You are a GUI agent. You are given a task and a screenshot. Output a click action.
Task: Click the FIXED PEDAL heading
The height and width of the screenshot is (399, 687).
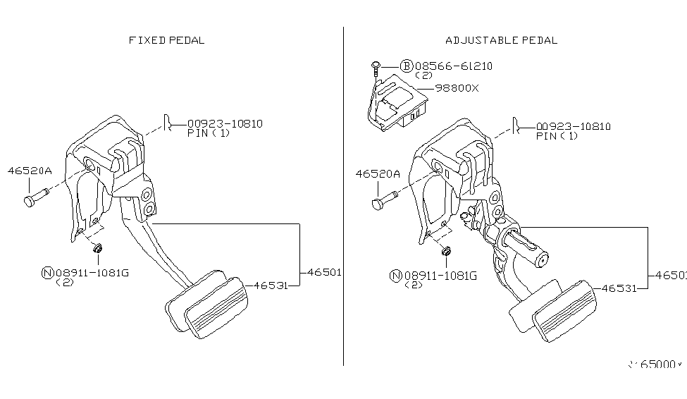(166, 40)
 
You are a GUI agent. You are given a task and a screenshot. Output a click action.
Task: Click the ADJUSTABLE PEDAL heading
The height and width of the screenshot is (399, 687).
(501, 40)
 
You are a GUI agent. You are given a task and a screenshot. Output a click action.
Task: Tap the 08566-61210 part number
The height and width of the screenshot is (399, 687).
(453, 66)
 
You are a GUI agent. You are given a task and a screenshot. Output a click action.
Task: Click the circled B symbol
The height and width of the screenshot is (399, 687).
(406, 66)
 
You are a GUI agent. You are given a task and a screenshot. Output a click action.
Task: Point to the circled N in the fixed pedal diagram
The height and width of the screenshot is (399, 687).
(47, 273)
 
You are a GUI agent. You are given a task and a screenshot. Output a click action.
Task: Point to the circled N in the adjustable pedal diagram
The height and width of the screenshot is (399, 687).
(395, 276)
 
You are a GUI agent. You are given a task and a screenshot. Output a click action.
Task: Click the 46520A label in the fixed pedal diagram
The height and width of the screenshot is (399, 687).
(30, 170)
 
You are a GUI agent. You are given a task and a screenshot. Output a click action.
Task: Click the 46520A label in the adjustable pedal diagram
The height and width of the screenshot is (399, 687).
(377, 173)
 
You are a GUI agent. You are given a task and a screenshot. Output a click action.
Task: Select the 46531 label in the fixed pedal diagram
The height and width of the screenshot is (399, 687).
(269, 286)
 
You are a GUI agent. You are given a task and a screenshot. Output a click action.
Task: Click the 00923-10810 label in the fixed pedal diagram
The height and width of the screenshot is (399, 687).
(225, 123)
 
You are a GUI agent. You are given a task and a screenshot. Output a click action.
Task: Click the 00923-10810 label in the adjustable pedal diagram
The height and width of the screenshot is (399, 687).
(573, 126)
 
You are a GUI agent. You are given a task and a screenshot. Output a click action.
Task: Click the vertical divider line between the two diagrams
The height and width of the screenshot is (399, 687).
(343, 197)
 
